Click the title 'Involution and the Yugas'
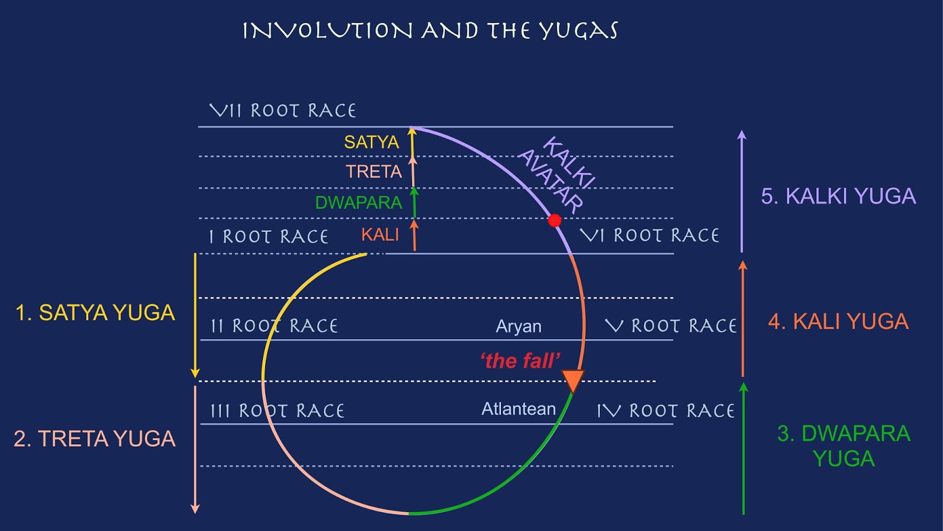[430, 31]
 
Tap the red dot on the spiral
[555, 221]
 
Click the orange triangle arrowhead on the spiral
[573, 380]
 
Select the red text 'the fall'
[520, 360]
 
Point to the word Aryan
[518, 326]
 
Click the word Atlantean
[519, 409]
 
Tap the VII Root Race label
[283, 110]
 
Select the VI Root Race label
[649, 235]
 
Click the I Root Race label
[269, 237]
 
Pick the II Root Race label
[275, 326]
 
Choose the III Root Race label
[278, 411]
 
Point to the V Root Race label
[671, 326]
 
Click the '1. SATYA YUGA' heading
[95, 313]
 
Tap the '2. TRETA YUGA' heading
[94, 439]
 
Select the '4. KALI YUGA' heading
[838, 322]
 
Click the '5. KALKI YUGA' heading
[838, 196]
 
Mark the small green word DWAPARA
[358, 203]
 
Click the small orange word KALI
[380, 235]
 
